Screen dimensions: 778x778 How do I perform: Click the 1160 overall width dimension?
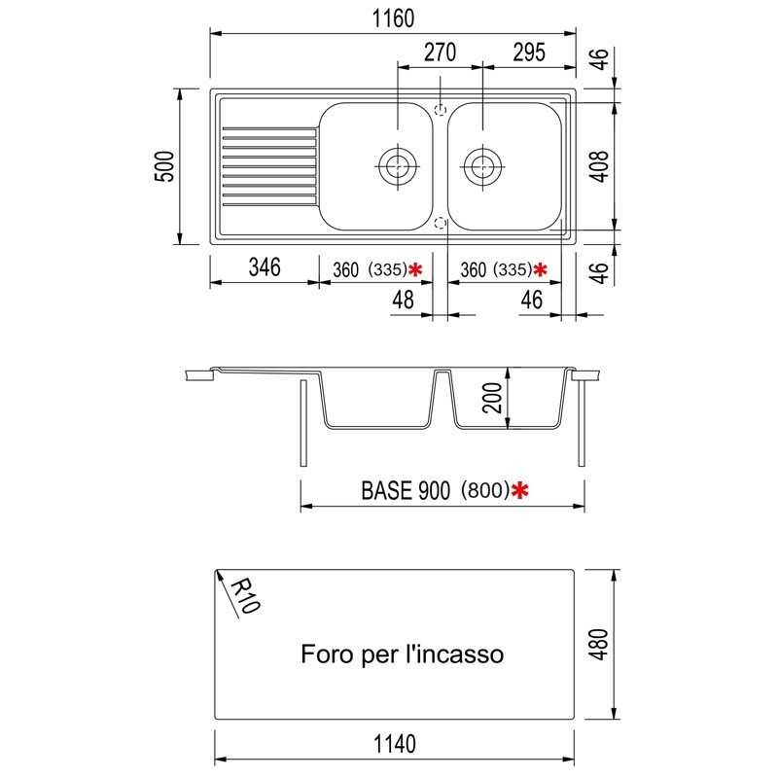click(393, 18)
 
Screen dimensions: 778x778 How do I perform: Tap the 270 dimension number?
click(440, 53)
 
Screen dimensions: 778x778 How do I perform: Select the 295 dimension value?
click(529, 53)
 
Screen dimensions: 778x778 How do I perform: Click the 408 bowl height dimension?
click(600, 166)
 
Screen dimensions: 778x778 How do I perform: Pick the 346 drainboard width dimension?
click(265, 266)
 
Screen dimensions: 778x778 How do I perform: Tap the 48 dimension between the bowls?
click(403, 301)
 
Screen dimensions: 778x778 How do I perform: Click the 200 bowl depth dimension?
click(492, 398)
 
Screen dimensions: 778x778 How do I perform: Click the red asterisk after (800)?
click(519, 490)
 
